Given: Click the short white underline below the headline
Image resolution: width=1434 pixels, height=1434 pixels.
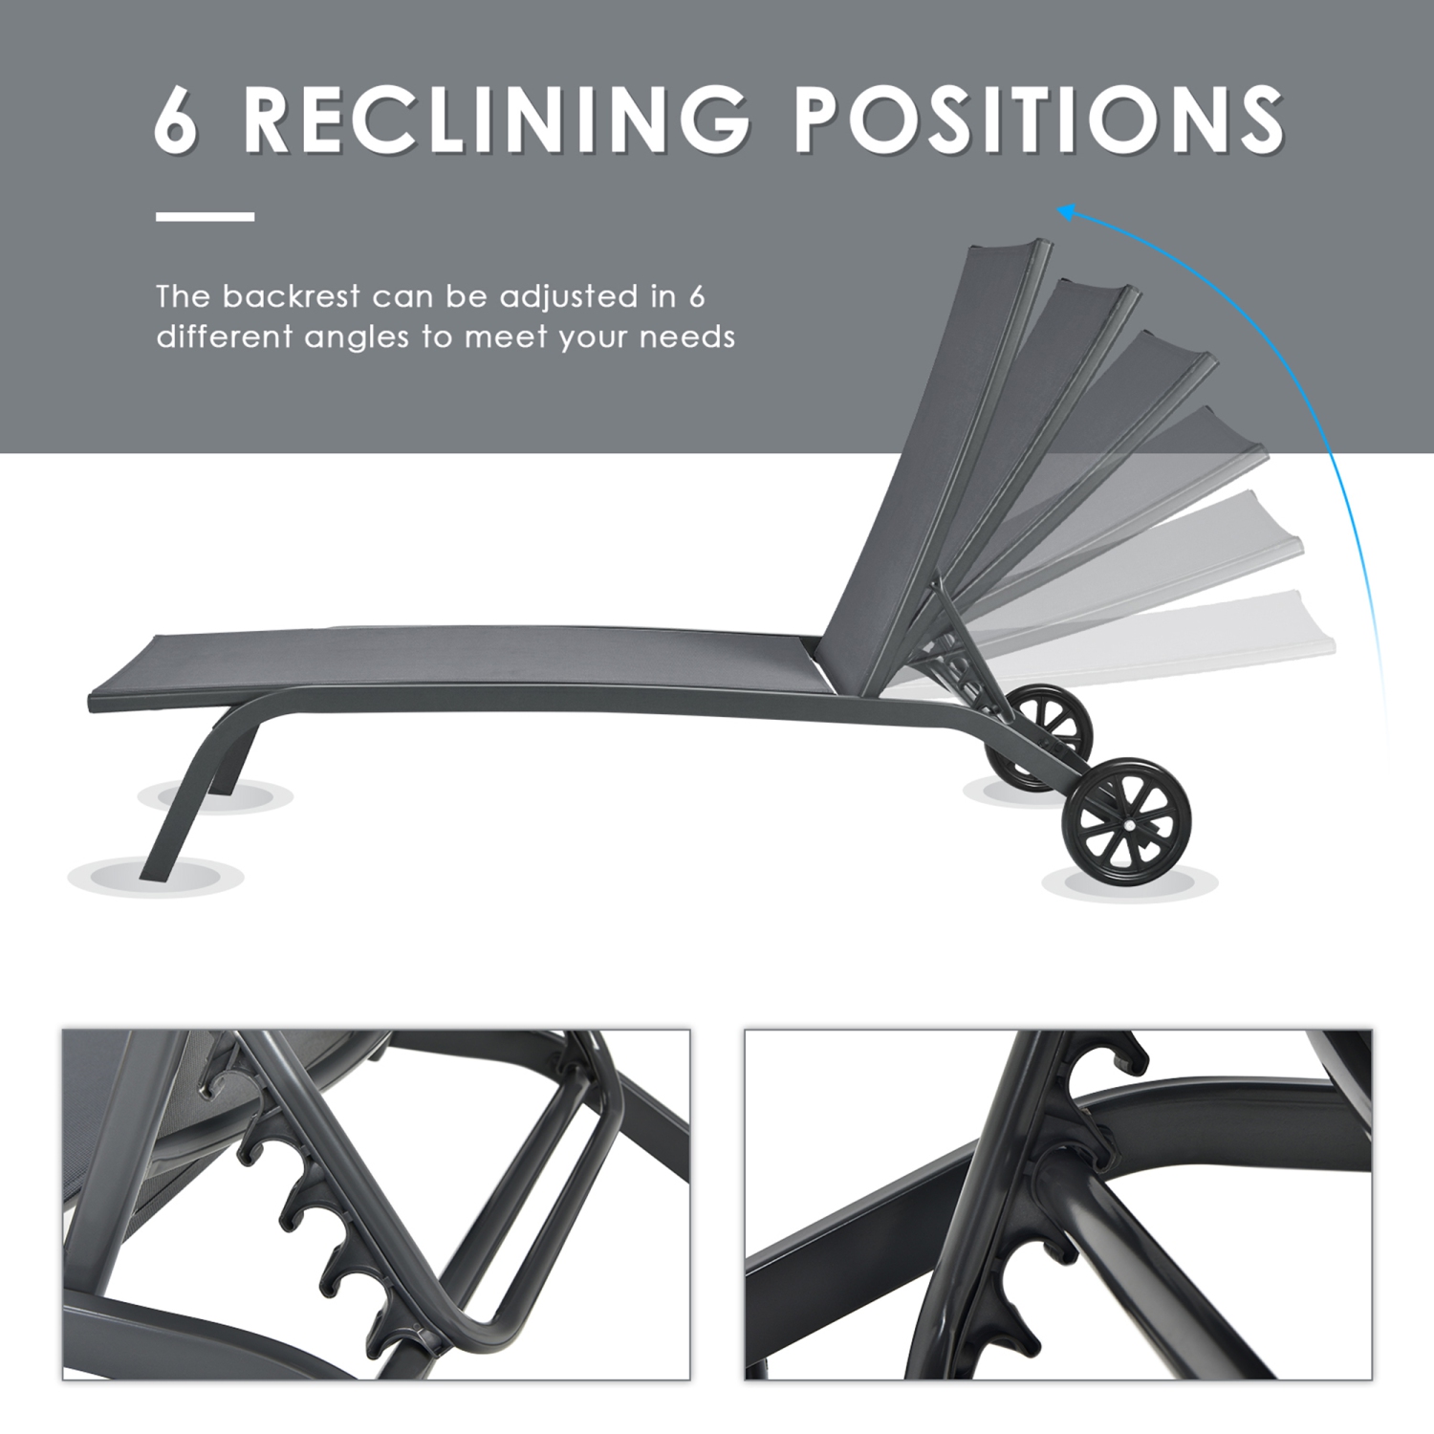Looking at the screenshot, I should coord(205,217).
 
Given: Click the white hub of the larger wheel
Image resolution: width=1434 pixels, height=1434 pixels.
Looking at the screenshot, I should coord(1129,823).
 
